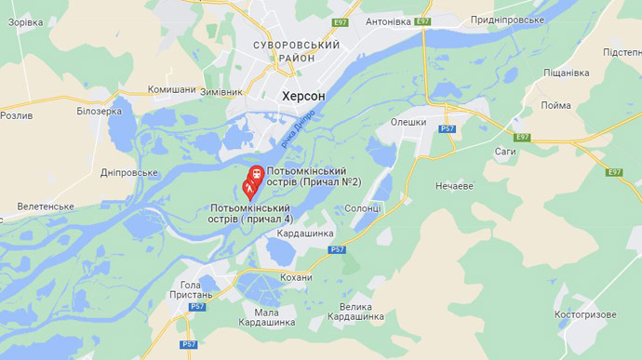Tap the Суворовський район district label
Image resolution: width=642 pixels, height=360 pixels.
pos(297,51)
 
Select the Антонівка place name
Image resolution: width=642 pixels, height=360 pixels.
pos(388,21)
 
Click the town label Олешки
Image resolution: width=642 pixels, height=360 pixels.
pos(408,122)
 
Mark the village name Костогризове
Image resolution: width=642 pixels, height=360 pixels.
pos(585,314)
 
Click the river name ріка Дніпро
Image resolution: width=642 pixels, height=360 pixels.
pos(298,128)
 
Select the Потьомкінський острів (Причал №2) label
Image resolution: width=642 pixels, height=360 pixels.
pos(307,177)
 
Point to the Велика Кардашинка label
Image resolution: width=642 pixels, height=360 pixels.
pos(362,312)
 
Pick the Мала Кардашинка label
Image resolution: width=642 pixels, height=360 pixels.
pos(266,317)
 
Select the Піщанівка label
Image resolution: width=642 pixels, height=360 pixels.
pos(566,73)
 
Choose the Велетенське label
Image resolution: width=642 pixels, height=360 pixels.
pos(46,206)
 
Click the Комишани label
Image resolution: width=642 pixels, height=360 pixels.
pos(172,90)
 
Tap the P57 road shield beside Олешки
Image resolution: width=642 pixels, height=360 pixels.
pos(448,129)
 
